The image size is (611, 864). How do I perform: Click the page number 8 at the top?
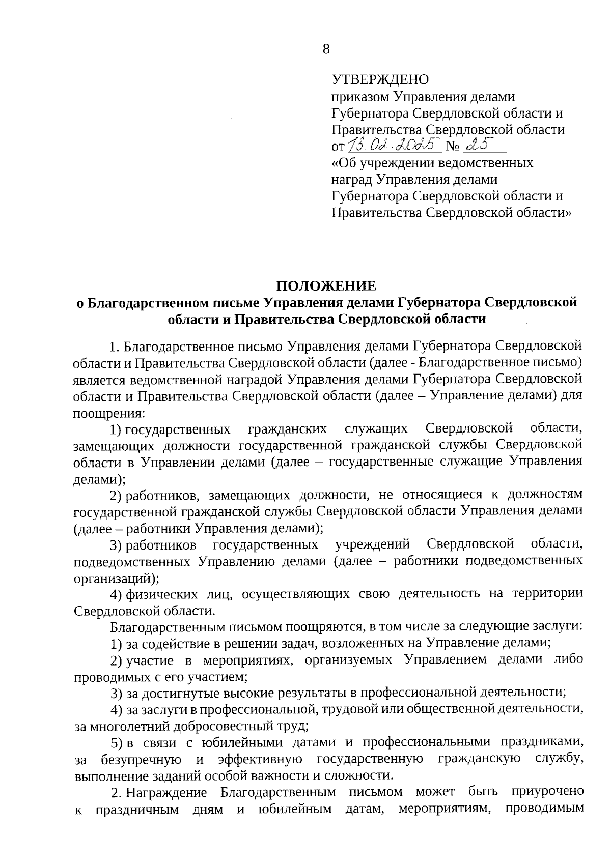click(326, 49)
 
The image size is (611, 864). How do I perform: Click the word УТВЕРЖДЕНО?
click(380, 80)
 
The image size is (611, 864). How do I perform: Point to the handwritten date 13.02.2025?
click(394, 146)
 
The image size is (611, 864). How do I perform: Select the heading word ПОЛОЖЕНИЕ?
click(326, 285)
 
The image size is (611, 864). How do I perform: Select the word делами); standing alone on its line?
click(99, 478)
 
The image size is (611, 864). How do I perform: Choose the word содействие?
click(177, 644)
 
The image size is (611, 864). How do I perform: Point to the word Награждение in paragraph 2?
click(166, 792)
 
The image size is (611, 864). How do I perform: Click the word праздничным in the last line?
click(137, 809)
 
